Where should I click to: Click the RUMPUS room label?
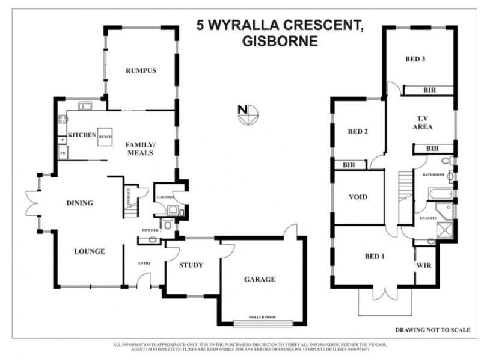(141, 71)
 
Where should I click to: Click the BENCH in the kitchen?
(106, 137)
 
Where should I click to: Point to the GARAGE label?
(259, 279)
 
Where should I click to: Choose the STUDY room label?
(191, 265)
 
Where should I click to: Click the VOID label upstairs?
(358, 197)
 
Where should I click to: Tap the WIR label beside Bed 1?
(424, 263)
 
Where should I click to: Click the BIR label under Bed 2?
(348, 164)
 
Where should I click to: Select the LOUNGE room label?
(90, 251)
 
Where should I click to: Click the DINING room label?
(79, 203)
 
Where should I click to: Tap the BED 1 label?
(374, 256)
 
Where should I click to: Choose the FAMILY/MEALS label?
(139, 149)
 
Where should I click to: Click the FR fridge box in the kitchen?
(62, 153)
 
